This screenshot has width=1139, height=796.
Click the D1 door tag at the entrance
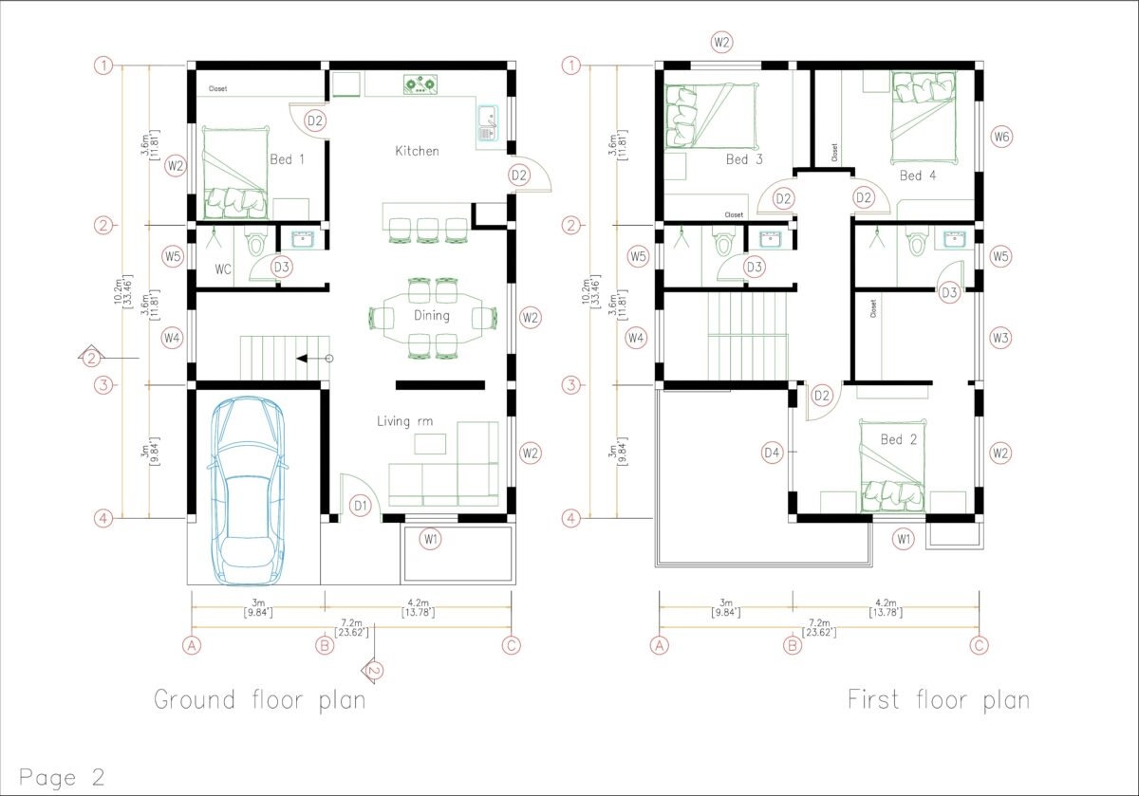click(x=360, y=507)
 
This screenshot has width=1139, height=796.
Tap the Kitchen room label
click(x=417, y=151)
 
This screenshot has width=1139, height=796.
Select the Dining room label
click(x=431, y=315)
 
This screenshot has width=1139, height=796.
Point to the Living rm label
click(x=405, y=421)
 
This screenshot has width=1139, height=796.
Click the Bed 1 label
click(x=287, y=159)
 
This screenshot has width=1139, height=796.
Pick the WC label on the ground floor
click(x=223, y=269)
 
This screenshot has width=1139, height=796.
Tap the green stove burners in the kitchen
click(x=419, y=84)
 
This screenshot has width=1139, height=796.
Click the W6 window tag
click(x=1001, y=137)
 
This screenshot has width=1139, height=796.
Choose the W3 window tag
click(x=1000, y=337)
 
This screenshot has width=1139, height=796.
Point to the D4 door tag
click(x=773, y=454)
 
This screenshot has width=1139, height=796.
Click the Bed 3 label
click(x=744, y=159)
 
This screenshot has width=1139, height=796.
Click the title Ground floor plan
click(x=260, y=700)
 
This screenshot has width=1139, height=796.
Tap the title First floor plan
click(x=938, y=700)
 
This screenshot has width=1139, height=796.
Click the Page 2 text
click(x=61, y=777)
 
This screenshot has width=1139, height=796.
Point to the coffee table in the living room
click(x=431, y=444)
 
